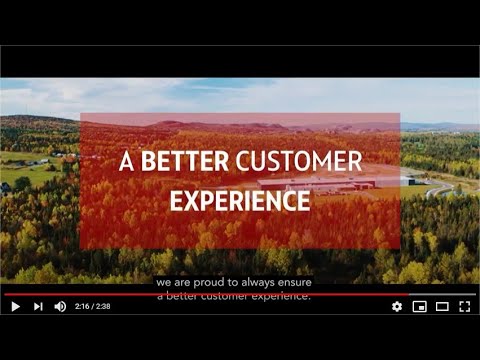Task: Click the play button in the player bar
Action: point(15,306)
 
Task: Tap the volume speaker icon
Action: point(60,306)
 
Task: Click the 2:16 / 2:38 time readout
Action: point(93,306)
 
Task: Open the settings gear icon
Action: point(397,306)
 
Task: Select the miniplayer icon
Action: point(420,306)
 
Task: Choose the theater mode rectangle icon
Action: point(442,306)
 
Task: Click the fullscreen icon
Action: point(464,306)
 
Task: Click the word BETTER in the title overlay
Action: point(184,163)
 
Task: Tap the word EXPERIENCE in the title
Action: point(239,200)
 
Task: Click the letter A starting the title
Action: point(126,163)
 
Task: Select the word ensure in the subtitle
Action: point(292,282)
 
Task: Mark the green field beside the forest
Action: point(30,175)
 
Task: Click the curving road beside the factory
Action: point(435,188)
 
